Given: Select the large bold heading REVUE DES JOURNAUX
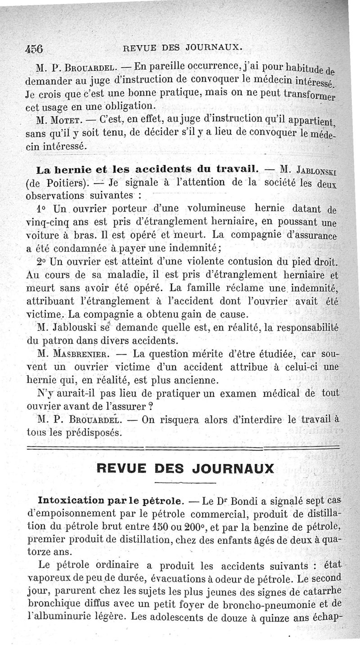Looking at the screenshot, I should click(x=185, y=468).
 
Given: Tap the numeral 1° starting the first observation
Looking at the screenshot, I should click(x=42, y=210).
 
